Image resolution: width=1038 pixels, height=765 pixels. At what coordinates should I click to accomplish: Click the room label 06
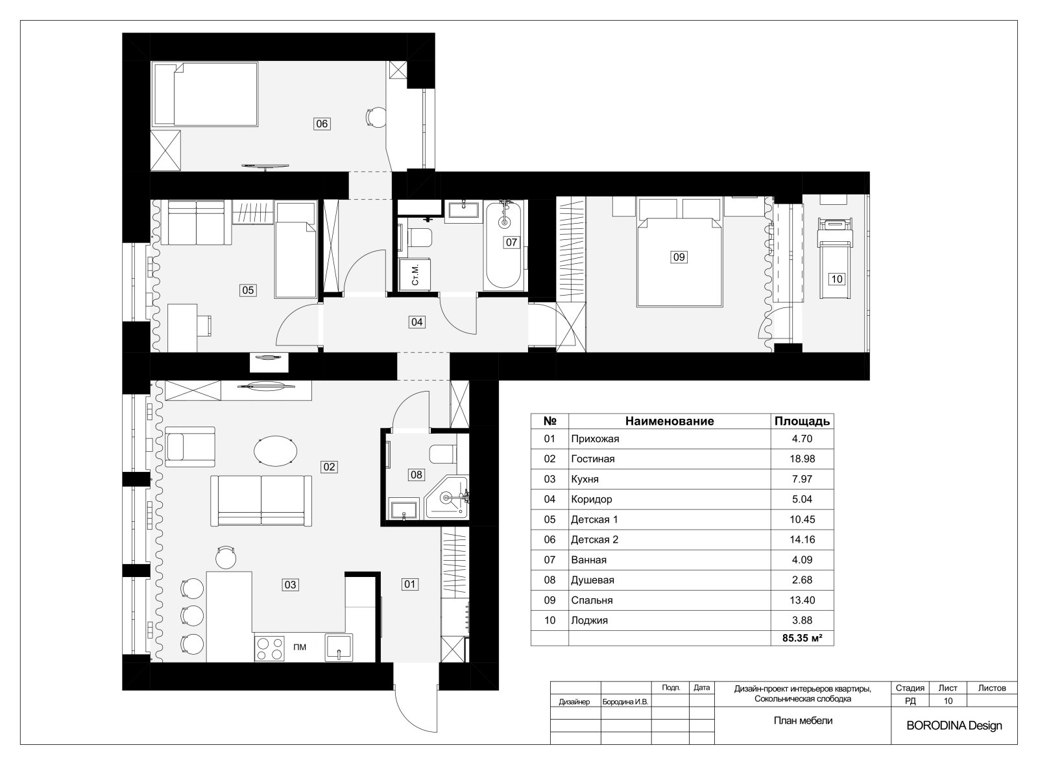tap(322, 124)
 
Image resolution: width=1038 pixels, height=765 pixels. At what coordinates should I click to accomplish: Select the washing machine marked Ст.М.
tap(415, 275)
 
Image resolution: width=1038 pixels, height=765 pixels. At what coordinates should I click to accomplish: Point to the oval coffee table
tap(275, 451)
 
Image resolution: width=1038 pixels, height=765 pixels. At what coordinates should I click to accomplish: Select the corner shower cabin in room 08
tap(447, 497)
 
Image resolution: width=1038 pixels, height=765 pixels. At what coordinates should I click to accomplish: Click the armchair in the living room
tap(190, 447)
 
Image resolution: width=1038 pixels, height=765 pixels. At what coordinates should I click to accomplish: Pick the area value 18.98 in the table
tap(802, 459)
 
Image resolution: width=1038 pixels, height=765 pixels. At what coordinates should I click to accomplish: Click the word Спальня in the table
tap(592, 600)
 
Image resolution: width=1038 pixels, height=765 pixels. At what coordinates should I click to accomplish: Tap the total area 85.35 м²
tap(802, 638)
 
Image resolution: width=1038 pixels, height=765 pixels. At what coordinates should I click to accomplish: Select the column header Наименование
tap(670, 421)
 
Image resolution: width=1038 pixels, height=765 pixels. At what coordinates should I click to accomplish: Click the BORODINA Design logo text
tap(954, 726)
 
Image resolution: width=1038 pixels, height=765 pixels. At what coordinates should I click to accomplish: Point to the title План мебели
tap(803, 720)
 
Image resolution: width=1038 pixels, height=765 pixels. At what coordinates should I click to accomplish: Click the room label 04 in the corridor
tap(416, 322)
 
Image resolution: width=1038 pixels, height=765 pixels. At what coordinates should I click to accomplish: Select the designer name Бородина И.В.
tap(625, 702)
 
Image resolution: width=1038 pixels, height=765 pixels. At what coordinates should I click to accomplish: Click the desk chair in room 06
tap(374, 117)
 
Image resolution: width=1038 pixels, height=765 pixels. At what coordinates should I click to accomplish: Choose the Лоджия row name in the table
tap(589, 620)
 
